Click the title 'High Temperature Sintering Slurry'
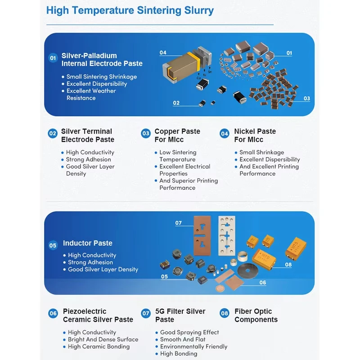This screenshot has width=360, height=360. [130, 10]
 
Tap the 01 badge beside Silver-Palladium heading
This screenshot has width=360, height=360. [53, 58]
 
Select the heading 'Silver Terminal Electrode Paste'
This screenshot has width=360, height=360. [88, 135]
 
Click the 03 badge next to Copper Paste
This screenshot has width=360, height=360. [146, 133]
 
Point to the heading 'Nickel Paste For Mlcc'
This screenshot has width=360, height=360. [255, 135]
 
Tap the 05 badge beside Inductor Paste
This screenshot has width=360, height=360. [53, 245]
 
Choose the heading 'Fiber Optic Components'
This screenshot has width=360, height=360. [256, 315]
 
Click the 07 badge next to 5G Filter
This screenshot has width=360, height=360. [146, 313]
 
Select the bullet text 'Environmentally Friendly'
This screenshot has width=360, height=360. [193, 346]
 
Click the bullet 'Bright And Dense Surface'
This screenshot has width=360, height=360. [103, 339]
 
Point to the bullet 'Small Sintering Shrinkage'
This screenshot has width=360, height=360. [102, 76]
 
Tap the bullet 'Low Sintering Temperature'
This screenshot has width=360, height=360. [178, 156]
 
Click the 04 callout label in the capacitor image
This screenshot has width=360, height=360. [163, 53]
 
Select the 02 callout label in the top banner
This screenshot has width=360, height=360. [176, 103]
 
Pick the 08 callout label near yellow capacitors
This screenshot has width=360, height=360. [288, 265]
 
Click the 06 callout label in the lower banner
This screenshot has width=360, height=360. [263, 283]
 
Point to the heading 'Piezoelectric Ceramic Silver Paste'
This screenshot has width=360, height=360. [98, 315]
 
